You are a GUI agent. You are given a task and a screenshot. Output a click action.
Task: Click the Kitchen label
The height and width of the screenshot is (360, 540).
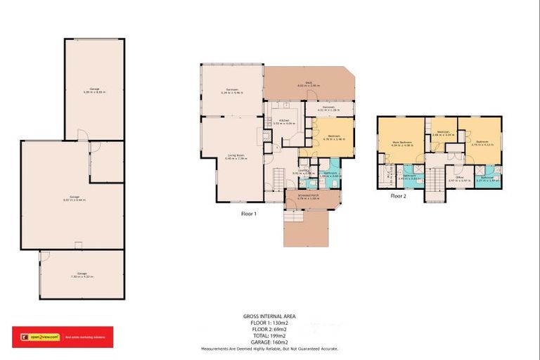pos(285,122)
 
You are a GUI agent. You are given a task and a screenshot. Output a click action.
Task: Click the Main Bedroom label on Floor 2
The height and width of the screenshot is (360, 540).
pos(400,145)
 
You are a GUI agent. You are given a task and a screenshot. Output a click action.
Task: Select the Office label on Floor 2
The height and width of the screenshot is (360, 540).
pos(460,179)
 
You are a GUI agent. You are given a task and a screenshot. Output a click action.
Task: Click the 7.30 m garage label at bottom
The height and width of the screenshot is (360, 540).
pos(82,275)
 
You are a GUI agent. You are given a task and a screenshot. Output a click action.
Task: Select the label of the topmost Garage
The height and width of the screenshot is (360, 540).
pos(94,90)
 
